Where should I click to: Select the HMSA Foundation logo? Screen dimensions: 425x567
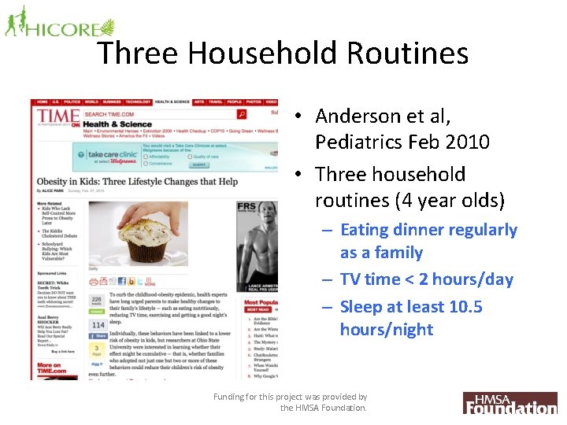tap(510, 403)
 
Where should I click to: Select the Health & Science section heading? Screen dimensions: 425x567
tap(117, 124)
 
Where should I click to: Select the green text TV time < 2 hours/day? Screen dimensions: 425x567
tap(426, 279)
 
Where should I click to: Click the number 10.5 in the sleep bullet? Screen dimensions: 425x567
tap(465, 307)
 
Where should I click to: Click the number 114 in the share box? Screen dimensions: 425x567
tap(98, 324)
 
